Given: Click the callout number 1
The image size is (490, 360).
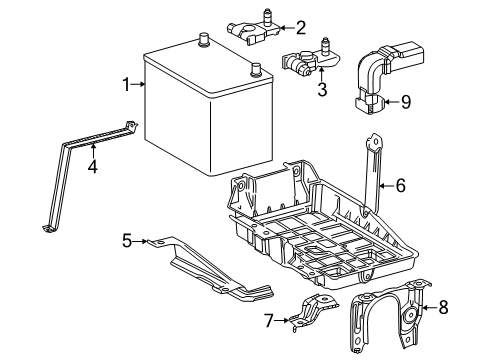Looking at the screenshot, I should click(x=127, y=85).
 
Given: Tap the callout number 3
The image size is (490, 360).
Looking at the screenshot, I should click(x=322, y=91).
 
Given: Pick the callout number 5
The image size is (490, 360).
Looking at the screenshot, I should click(x=128, y=240).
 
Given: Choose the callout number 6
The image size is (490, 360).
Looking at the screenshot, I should click(x=400, y=184).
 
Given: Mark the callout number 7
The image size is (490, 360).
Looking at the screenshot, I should click(x=267, y=320).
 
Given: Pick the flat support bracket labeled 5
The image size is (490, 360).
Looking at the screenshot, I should click(x=215, y=270).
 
